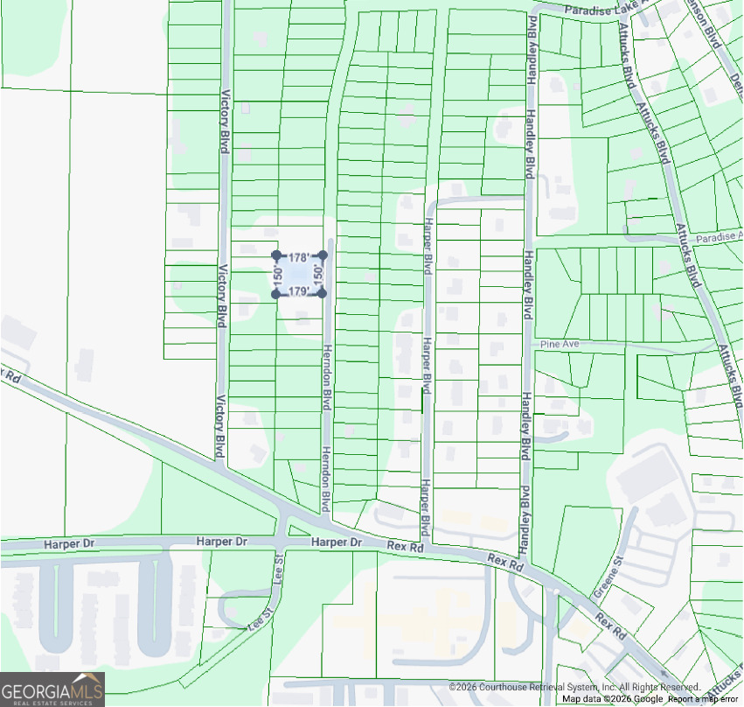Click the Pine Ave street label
(x=560, y=345)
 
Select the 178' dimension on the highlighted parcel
(x=299, y=258)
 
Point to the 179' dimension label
(x=299, y=291)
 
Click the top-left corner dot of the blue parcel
(x=276, y=255)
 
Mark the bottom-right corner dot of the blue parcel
(x=322, y=293)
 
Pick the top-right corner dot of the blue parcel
(x=323, y=255)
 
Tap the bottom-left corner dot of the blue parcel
(x=276, y=294)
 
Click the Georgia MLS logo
(x=52, y=689)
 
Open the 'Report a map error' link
(x=703, y=698)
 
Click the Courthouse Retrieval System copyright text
(x=574, y=688)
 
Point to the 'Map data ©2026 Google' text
(x=612, y=698)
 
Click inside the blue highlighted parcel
(x=299, y=275)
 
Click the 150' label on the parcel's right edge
(x=319, y=275)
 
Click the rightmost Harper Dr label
(x=337, y=543)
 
